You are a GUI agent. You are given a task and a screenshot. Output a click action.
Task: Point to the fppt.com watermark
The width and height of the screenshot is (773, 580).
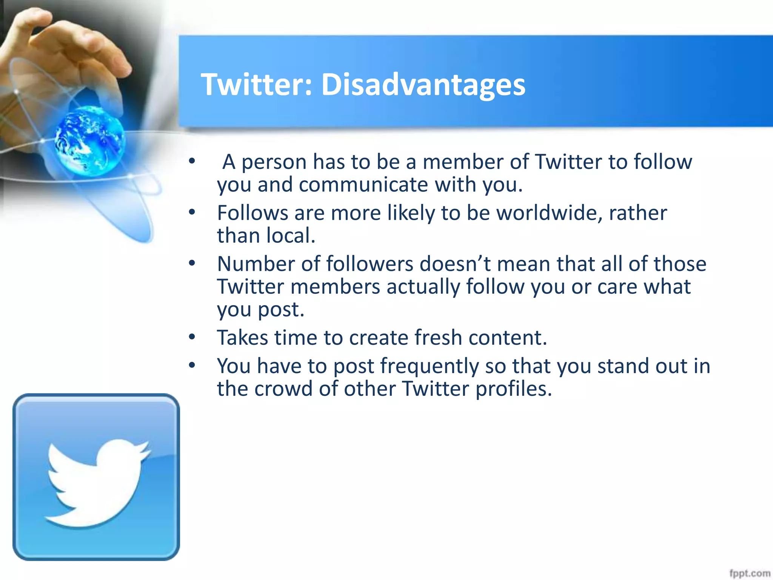(749, 573)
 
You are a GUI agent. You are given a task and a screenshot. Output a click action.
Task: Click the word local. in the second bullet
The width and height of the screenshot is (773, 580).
(291, 236)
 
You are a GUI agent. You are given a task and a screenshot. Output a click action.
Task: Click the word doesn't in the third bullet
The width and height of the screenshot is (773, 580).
(455, 264)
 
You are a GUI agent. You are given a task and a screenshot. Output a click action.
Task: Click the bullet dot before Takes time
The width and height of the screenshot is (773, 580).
(192, 337)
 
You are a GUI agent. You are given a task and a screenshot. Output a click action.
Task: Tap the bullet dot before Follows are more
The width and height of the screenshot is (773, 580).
(192, 212)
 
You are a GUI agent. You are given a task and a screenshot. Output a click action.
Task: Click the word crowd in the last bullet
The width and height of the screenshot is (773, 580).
(283, 389)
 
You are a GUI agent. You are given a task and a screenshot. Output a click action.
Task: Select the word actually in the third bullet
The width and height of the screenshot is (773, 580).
(423, 287)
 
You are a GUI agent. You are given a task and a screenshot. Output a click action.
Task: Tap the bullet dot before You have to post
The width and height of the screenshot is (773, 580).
(192, 365)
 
